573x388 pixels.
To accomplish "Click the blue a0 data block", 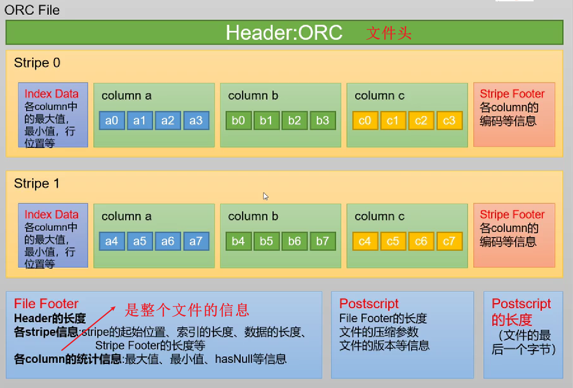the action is tap(112, 121).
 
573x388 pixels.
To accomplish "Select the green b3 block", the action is tap(323, 121).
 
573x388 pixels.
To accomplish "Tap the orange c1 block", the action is tap(393, 121).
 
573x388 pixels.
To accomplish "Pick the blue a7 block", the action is tap(196, 241).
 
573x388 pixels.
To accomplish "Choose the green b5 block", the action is tap(266, 241).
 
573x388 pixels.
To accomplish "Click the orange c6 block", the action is tap(421, 241).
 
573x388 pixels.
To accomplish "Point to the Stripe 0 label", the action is tap(37, 63).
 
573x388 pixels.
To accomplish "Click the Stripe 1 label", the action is tap(37, 184).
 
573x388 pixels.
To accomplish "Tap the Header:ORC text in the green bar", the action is tap(284, 33).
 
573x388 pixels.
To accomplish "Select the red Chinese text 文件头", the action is tap(389, 33).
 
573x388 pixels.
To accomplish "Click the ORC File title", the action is tap(32, 10).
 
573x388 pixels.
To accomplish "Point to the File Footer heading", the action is tap(46, 304).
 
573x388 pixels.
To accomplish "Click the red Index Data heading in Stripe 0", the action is tap(51, 94).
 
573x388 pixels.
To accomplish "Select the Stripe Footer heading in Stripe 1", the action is tap(512, 214).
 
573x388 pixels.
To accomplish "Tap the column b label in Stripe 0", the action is tap(253, 96).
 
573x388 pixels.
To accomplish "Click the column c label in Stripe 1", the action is tap(379, 216).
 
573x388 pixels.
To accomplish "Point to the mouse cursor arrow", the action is tap(265, 196).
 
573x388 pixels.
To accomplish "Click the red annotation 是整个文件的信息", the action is tap(187, 310).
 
